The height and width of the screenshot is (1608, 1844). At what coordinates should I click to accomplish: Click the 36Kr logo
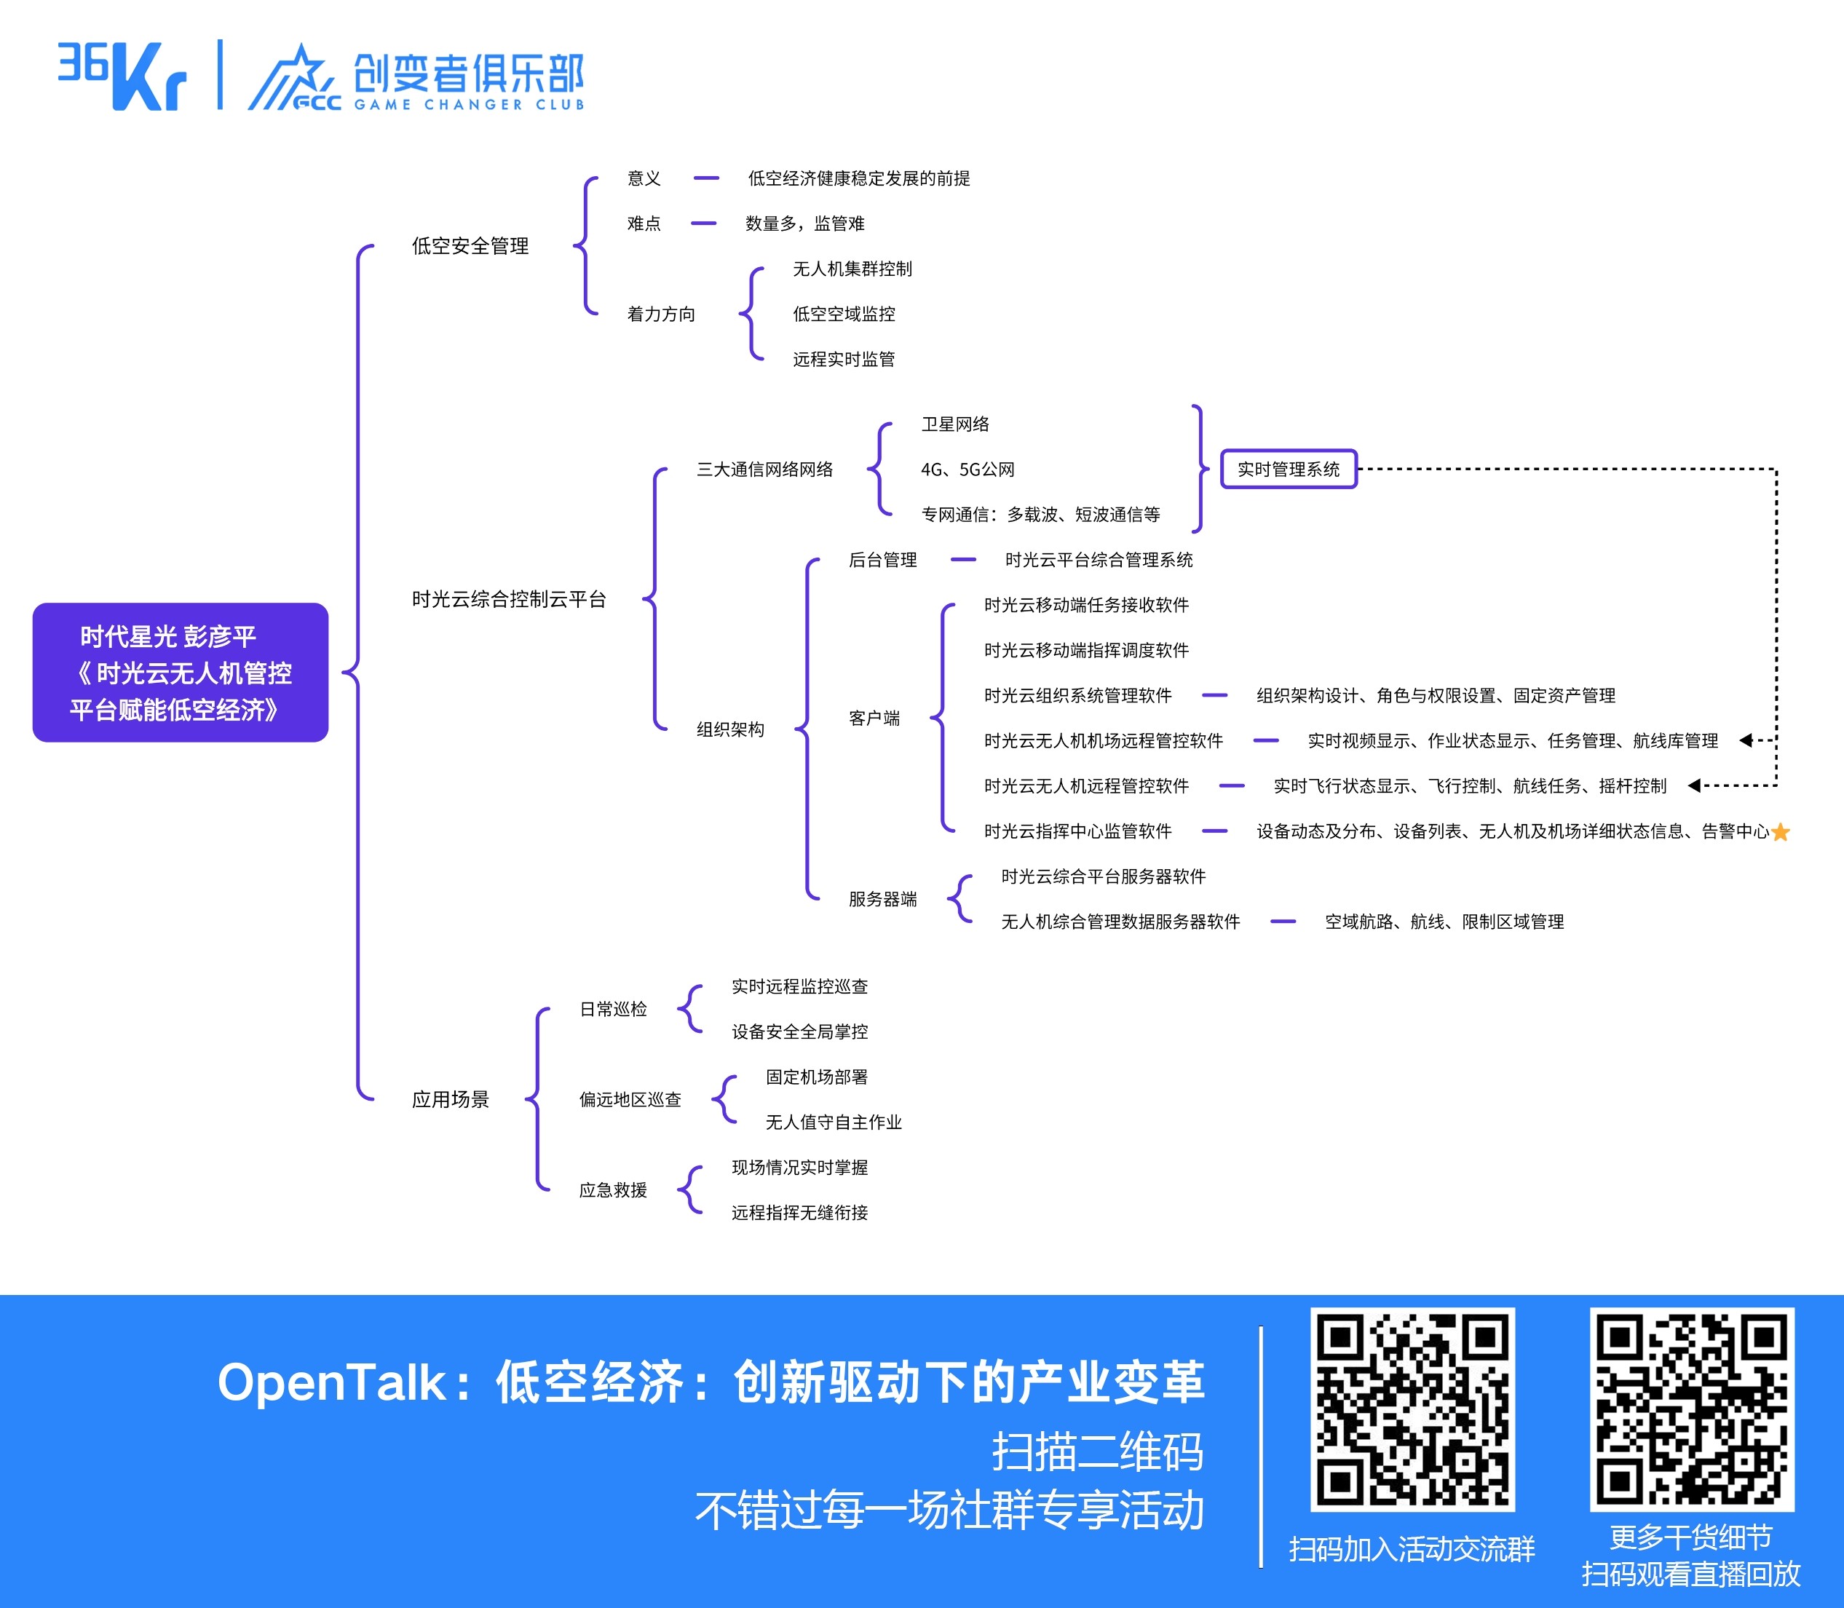pos(122,76)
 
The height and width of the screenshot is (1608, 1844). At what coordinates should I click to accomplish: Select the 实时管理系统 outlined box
pos(1288,470)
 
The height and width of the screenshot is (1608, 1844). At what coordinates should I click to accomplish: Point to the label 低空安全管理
pos(470,246)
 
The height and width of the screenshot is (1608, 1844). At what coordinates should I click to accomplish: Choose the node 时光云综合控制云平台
pos(509,599)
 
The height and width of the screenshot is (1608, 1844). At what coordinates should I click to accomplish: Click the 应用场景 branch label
pos(451,1099)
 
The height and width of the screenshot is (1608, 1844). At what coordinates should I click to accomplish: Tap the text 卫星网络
pos(954,424)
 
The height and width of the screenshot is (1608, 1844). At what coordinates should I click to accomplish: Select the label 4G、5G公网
pos(967,470)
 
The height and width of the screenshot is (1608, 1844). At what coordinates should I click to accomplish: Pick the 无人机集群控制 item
pos(852,269)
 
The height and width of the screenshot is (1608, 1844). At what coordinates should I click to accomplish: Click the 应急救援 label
pos(613,1190)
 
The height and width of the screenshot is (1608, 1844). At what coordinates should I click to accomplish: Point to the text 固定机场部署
pos(817,1077)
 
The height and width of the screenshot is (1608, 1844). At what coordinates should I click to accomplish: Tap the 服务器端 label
pos(882,899)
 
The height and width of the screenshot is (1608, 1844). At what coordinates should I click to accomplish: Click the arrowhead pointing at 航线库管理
pos(1745,740)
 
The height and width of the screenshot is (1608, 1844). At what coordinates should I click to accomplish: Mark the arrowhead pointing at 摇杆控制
pos(1694,786)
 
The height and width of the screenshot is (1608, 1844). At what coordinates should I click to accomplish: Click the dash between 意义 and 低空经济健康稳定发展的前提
pos(706,178)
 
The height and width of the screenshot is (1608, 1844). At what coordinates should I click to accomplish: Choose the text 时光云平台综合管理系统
pos(1099,560)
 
